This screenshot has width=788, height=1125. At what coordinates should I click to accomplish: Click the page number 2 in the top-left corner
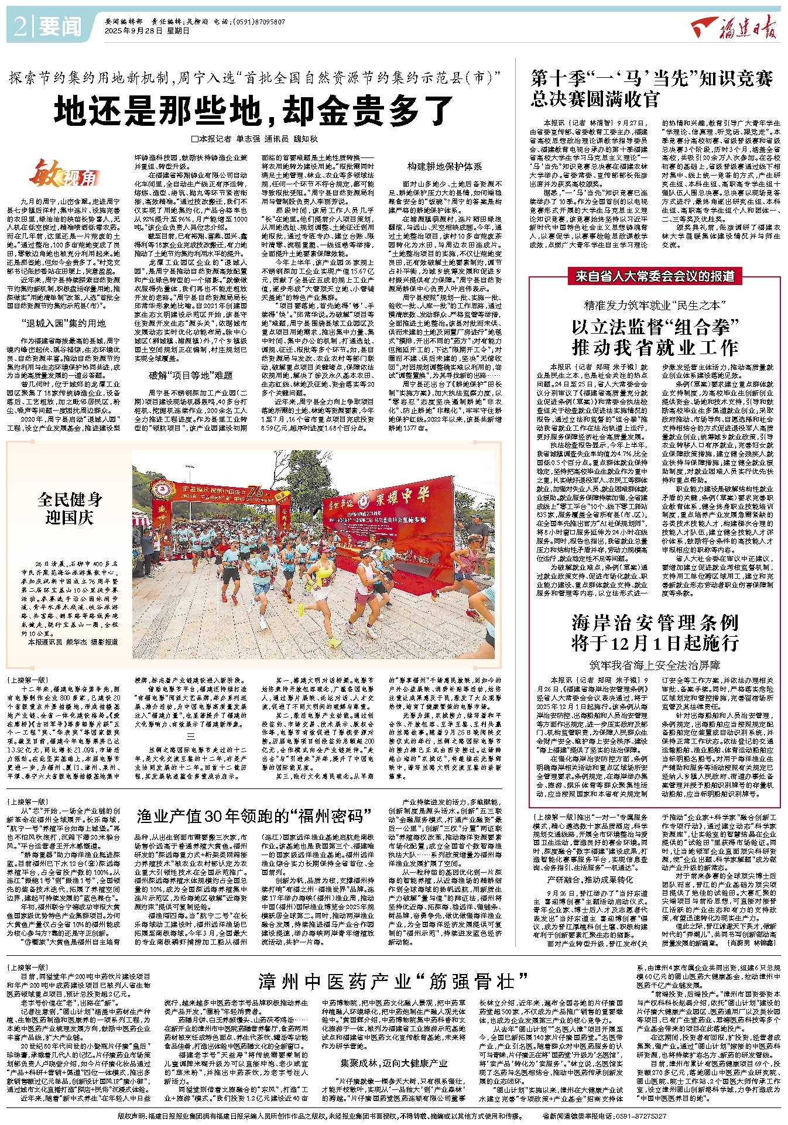pyautogui.click(x=19, y=27)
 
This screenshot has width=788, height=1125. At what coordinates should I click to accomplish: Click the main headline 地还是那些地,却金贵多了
pyautogui.click(x=253, y=110)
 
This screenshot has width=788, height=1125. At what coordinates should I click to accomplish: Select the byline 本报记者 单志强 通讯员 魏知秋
pyautogui.click(x=254, y=139)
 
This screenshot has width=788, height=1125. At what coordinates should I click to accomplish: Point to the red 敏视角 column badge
pyautogui.click(x=65, y=174)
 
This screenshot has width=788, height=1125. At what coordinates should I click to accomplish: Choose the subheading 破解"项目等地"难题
pyautogui.click(x=190, y=375)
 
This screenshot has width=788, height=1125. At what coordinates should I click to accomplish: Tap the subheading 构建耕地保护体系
pyautogui.click(x=445, y=167)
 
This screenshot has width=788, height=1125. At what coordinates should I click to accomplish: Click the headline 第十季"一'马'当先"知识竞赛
pyautogui.click(x=651, y=78)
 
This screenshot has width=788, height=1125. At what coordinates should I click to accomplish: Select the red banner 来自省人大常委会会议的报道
pyautogui.click(x=655, y=276)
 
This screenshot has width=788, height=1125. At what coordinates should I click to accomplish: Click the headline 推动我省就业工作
pyautogui.click(x=655, y=348)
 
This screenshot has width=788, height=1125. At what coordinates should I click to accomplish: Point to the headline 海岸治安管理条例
pyautogui.click(x=655, y=623)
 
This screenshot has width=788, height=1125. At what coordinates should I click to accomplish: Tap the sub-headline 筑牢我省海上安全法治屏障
pyautogui.click(x=655, y=666)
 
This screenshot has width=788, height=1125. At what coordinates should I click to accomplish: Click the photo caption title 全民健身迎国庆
pyautogui.click(x=70, y=508)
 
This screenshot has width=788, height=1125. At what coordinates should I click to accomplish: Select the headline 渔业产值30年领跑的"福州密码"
pyautogui.click(x=254, y=816)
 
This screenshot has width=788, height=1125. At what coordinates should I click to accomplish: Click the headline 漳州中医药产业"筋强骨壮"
pyautogui.click(x=393, y=982)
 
